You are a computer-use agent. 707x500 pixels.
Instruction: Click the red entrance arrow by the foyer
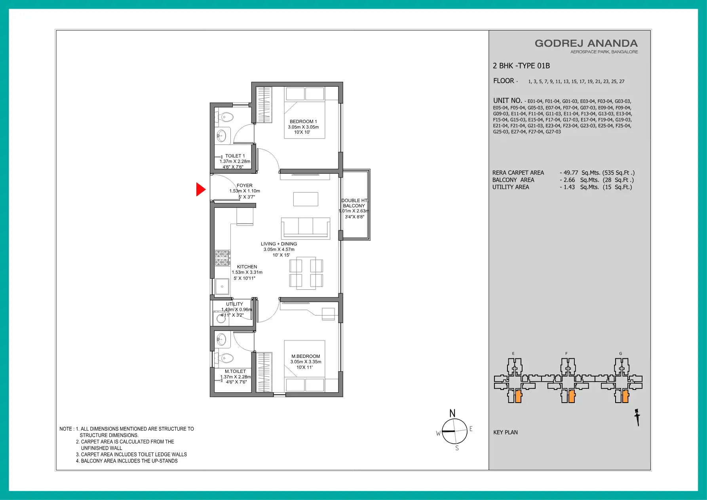[x=200, y=189]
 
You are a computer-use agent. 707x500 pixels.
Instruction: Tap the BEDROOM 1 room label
[x=303, y=122]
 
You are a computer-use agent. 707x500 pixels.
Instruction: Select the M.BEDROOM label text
[x=306, y=356]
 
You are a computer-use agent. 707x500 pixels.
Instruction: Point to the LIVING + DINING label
[x=279, y=244]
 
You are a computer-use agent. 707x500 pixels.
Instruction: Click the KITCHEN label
[x=247, y=267]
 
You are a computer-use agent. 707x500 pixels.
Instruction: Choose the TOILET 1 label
[x=235, y=156]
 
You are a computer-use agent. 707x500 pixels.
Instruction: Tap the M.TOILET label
[x=236, y=371]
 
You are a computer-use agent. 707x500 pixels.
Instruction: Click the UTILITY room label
[x=235, y=304]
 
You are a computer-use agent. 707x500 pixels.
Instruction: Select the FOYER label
[x=245, y=185]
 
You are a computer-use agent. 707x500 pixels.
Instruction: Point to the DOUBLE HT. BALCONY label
[x=355, y=203]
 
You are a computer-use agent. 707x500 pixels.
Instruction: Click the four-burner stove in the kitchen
[x=222, y=258]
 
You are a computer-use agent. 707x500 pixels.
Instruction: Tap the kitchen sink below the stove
[x=222, y=287]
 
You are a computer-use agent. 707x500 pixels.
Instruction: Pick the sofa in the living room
[x=305, y=228]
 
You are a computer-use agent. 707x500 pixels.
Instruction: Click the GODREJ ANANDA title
[x=586, y=44]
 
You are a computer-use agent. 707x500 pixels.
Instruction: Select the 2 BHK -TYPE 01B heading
[x=521, y=66]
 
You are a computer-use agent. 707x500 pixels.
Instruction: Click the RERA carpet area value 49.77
[x=571, y=173]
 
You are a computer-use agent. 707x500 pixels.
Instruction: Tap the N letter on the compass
[x=452, y=413]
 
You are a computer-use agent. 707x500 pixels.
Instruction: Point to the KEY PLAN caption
[x=506, y=432]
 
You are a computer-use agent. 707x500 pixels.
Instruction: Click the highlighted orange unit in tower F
[x=571, y=396]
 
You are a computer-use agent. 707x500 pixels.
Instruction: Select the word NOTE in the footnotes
[x=66, y=429]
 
